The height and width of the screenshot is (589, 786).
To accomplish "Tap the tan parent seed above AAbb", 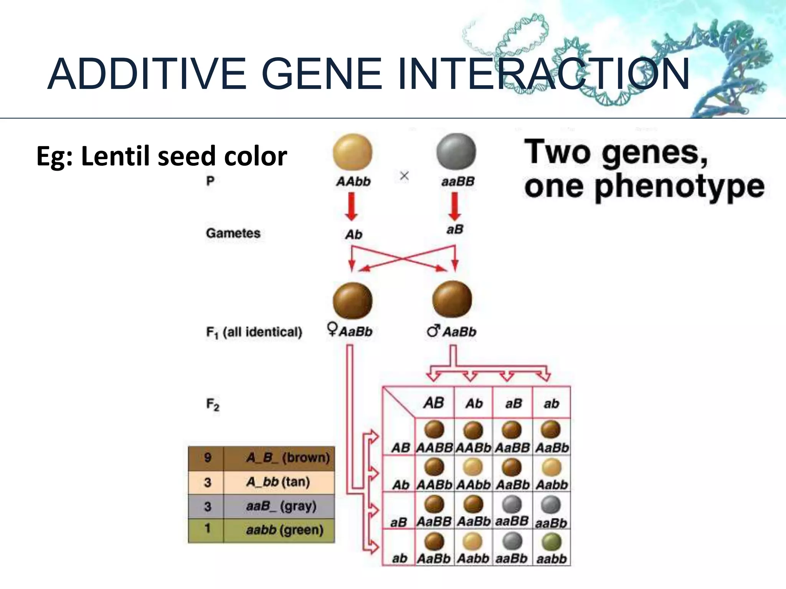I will click(x=352, y=152).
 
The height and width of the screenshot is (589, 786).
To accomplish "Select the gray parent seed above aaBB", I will click(x=456, y=152).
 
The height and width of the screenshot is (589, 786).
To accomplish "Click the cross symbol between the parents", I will click(x=404, y=176).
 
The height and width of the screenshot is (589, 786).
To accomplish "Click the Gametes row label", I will click(x=233, y=233).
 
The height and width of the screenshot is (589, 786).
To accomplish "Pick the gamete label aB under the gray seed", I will click(x=455, y=229).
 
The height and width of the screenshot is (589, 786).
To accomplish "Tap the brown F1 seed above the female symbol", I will click(x=352, y=301).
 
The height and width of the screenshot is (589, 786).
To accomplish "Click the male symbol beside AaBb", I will click(x=433, y=331).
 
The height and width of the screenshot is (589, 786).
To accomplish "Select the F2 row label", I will click(x=213, y=404).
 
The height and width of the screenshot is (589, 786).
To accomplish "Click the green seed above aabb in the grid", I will click(x=551, y=542).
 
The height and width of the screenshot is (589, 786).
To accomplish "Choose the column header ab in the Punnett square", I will click(x=552, y=403).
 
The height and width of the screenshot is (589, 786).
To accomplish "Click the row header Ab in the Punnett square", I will click(x=400, y=485).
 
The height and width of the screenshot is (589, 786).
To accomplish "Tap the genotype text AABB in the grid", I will click(x=434, y=448).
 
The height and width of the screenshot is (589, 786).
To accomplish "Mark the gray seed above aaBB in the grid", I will click(x=512, y=505).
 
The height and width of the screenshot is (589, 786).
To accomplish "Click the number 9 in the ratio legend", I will click(x=208, y=457).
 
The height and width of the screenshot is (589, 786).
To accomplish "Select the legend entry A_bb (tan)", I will click(x=278, y=482).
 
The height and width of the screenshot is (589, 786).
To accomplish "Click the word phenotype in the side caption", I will click(x=680, y=187).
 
